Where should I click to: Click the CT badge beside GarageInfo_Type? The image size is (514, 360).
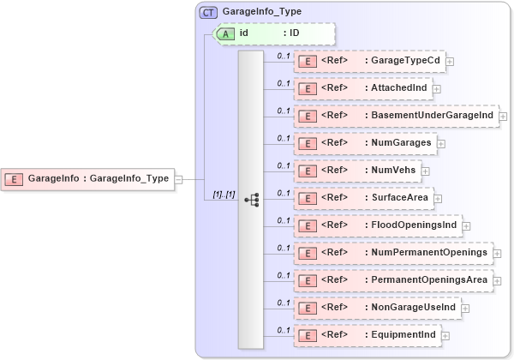[208, 13]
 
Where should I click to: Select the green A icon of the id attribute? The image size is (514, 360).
[225, 33]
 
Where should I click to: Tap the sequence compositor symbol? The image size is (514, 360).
[251, 199]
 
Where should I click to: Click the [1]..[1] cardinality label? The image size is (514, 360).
[224, 195]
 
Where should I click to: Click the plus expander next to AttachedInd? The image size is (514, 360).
[436, 88]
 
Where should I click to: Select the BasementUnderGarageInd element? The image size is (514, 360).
[395, 115]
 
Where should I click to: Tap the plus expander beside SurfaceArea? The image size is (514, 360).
[437, 199]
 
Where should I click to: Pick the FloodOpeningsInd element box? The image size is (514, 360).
[377, 225]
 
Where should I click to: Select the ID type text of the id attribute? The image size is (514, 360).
[293, 33]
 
